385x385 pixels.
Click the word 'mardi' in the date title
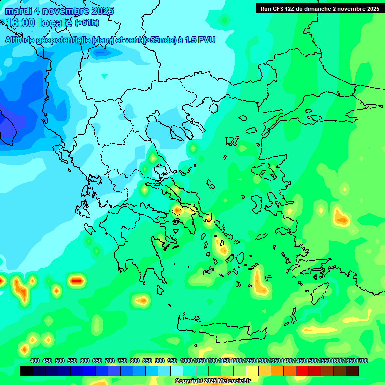17,11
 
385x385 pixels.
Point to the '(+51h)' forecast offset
87,23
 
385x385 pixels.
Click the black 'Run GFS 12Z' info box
319,8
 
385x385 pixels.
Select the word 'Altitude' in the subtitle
22,40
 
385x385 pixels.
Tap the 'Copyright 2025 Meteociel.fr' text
213,381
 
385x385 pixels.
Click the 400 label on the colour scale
35,361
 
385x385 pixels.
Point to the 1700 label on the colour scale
362,361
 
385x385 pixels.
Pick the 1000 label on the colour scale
186,361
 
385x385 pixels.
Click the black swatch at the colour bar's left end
27,371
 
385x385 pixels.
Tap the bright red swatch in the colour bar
302,371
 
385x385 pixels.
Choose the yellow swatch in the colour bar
252,371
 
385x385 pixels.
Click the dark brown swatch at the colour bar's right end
352,371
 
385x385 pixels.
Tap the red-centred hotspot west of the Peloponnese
76,281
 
